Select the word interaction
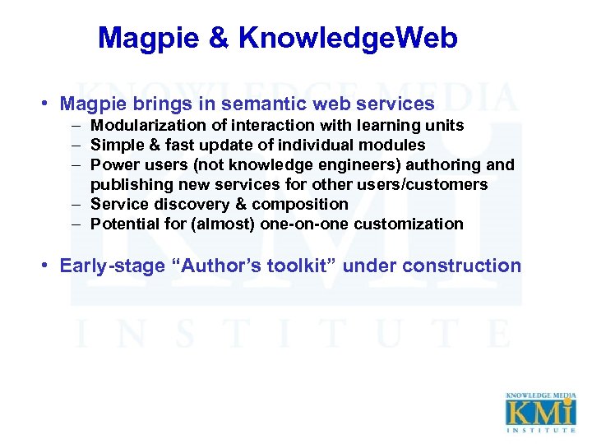point(272,126)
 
